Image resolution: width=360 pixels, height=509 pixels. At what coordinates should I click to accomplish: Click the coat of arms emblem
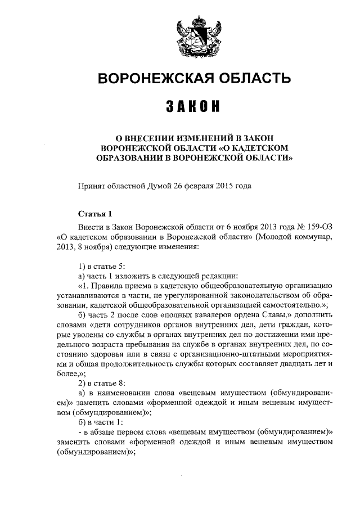[194, 35]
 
